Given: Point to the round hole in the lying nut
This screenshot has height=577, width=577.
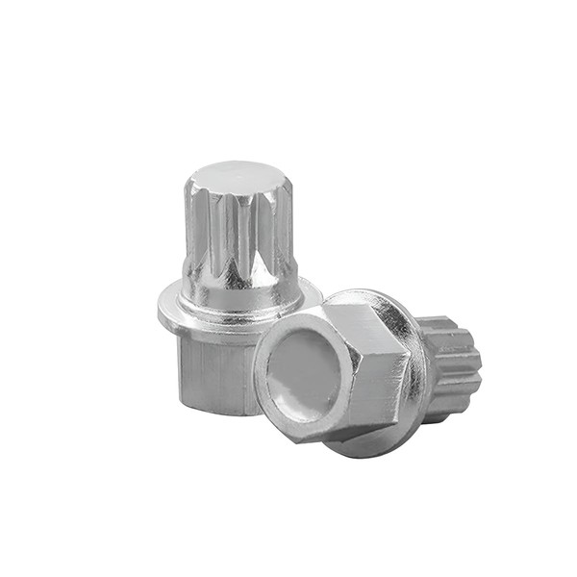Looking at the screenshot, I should click(x=302, y=371).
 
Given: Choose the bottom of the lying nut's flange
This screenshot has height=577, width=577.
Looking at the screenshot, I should click(x=375, y=447).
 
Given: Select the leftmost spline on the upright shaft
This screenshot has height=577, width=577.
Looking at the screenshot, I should click(x=188, y=231).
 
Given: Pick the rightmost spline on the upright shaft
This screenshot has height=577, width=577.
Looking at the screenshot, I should click(x=288, y=231).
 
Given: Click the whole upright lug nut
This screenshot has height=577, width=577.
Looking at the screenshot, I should click(x=231, y=288).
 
